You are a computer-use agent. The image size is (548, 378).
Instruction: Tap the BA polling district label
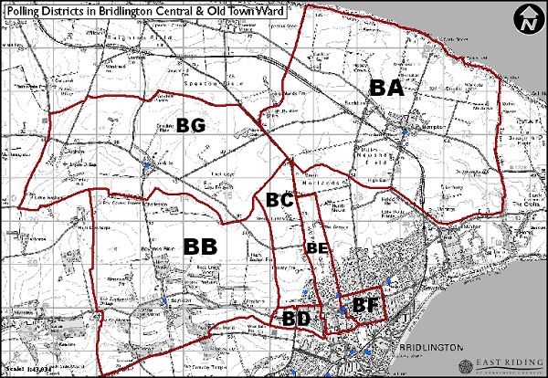386,88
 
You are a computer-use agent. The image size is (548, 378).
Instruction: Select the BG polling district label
191,124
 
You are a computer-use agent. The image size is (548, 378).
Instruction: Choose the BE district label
316,247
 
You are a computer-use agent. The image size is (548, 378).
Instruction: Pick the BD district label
296,319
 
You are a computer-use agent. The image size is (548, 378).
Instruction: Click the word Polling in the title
26,10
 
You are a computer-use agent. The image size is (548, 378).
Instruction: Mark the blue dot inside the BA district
405,133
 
